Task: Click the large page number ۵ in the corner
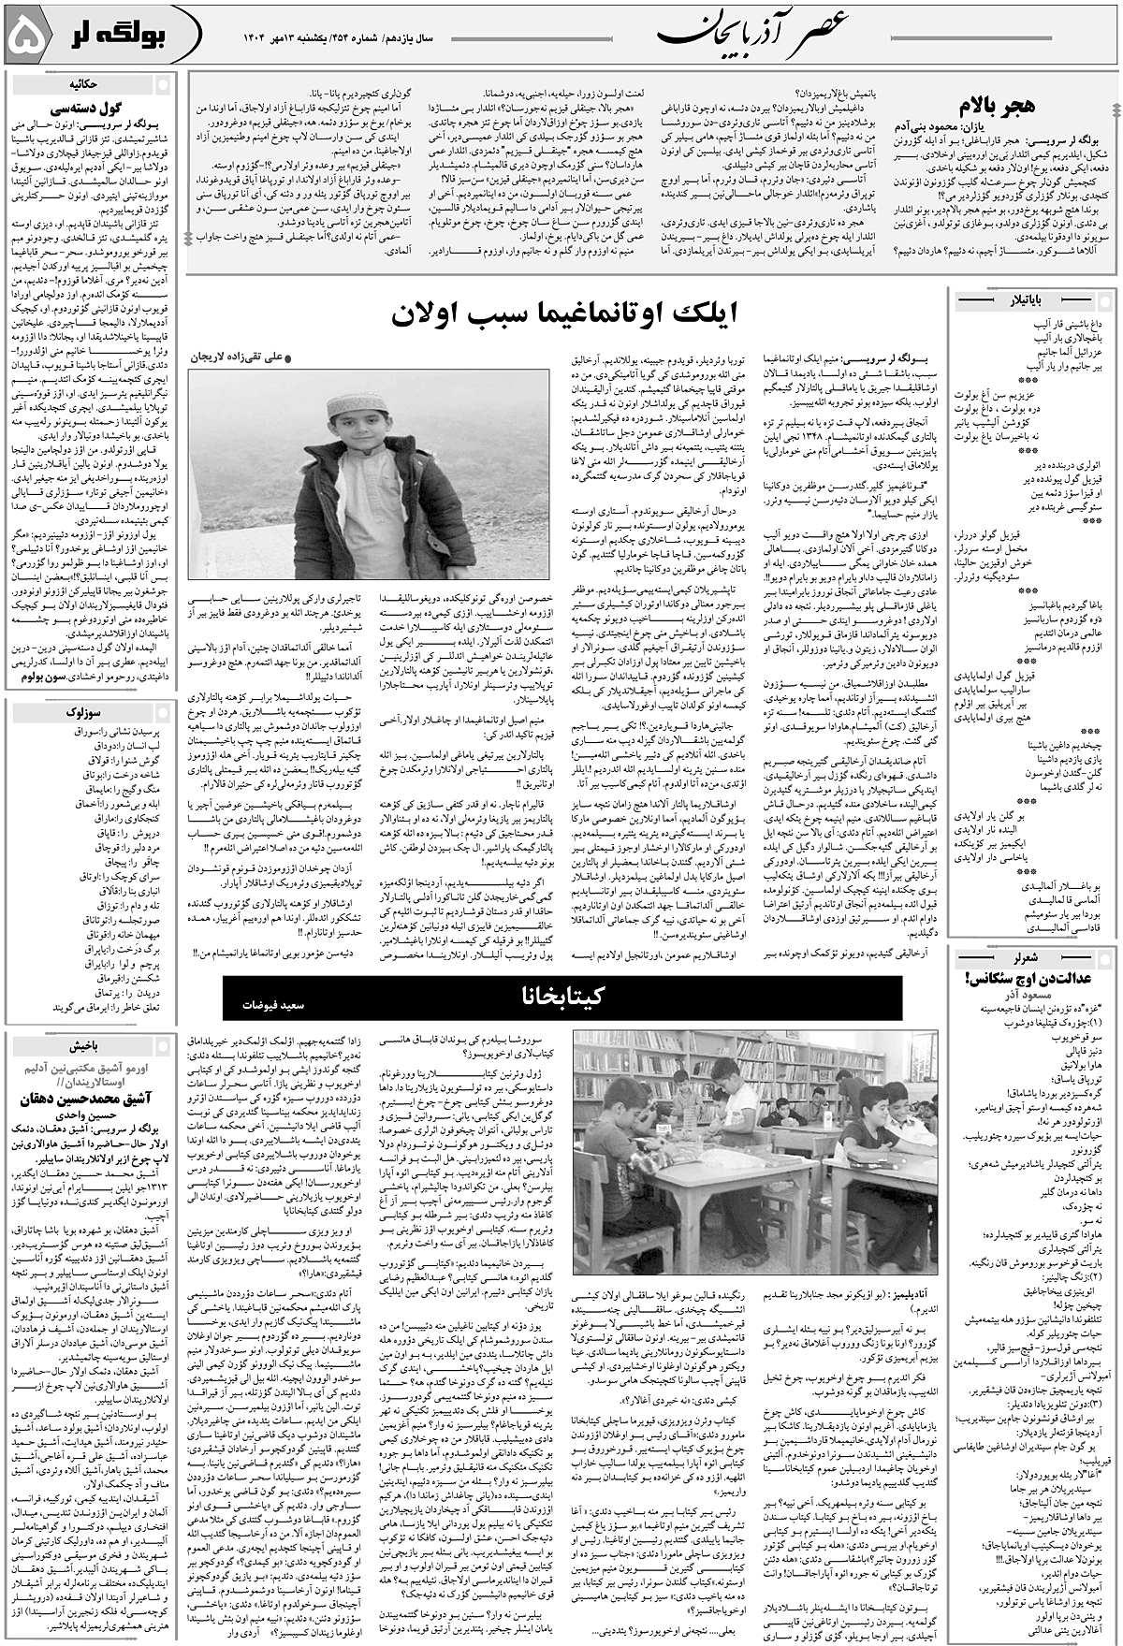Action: pos(28,36)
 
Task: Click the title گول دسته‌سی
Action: pos(89,107)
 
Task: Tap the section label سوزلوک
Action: pos(89,713)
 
